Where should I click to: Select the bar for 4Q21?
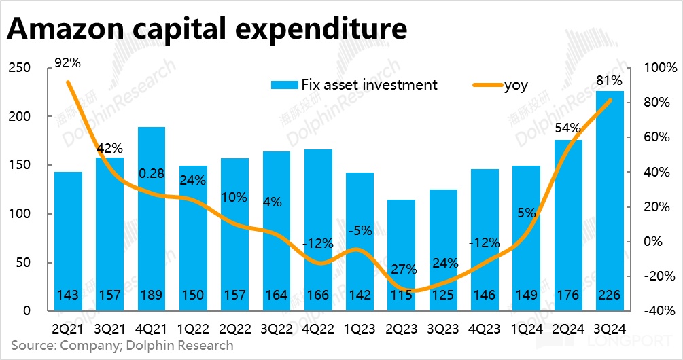tap(152, 217)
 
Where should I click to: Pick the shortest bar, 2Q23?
tap(401, 255)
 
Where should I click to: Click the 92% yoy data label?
tap(68, 63)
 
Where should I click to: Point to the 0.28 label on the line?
tap(151, 174)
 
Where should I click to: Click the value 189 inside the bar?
tap(152, 295)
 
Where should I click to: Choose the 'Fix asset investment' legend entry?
tap(353, 85)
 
